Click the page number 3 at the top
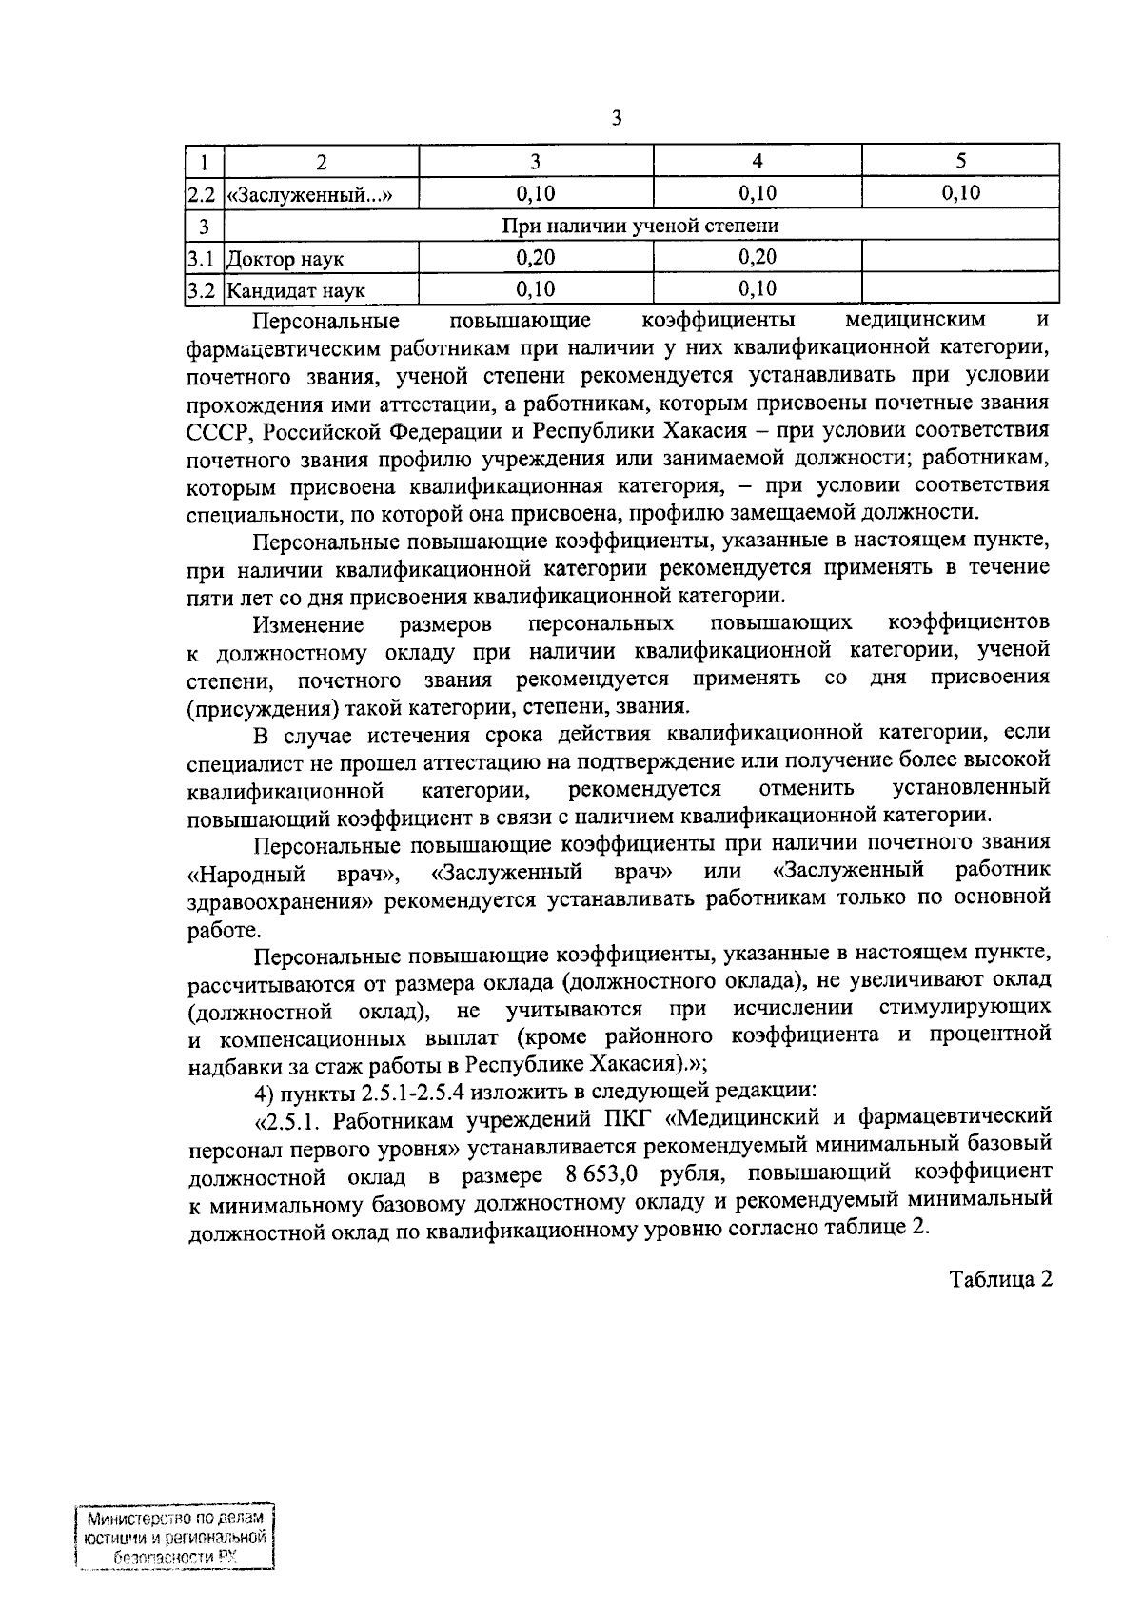[616, 118]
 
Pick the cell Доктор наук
[285, 259]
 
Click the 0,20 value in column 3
[535, 257]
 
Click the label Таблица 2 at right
[999, 1279]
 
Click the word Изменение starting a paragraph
[308, 625]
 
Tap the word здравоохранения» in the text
[282, 899]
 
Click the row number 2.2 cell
[203, 195]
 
